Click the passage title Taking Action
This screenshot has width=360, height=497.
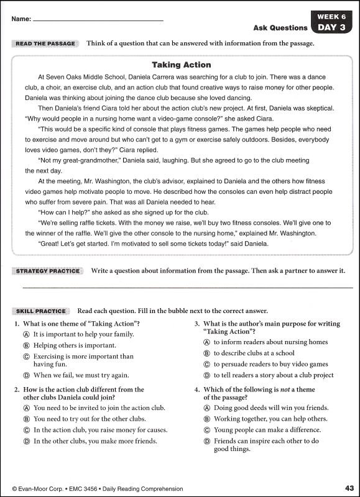tap(182, 65)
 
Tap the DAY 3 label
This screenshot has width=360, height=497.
tap(331, 27)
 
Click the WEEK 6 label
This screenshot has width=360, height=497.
tap(331, 16)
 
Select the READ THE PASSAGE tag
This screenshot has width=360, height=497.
tap(45, 43)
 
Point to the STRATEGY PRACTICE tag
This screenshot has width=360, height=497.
tap(48, 271)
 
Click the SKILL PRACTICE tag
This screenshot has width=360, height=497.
tap(41, 311)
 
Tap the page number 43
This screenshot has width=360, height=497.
tap(348, 488)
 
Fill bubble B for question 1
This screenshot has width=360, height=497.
tap(27, 345)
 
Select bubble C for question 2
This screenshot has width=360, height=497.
tap(27, 430)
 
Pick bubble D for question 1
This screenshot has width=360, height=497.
tap(27, 375)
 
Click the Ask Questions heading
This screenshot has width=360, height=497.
tap(280, 27)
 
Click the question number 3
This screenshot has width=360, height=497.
tap(196, 324)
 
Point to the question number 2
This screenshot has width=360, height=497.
tap(16, 390)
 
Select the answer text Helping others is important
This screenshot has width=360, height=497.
tap(75, 345)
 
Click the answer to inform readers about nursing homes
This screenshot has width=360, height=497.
tap(270, 342)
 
